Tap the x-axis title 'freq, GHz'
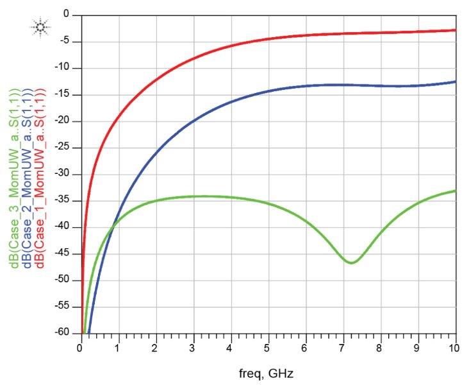[268, 373]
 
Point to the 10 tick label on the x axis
[455, 348]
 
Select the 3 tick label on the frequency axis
[193, 348]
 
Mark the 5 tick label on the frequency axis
[268, 348]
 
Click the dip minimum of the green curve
[351, 262]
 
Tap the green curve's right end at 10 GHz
[455, 191]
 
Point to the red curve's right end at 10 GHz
[455, 30]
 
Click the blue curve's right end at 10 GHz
[455, 81]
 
